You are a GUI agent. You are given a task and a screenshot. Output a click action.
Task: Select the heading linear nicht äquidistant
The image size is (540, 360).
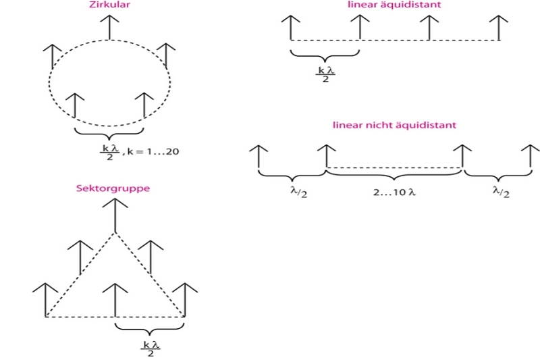point(395,125)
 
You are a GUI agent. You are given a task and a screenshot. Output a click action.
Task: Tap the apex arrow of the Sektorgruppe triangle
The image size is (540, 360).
point(115,216)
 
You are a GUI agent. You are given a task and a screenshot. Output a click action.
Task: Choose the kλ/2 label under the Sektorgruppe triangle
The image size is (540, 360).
point(150,346)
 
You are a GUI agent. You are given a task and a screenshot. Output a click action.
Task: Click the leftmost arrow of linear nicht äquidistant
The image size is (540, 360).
point(259,155)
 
